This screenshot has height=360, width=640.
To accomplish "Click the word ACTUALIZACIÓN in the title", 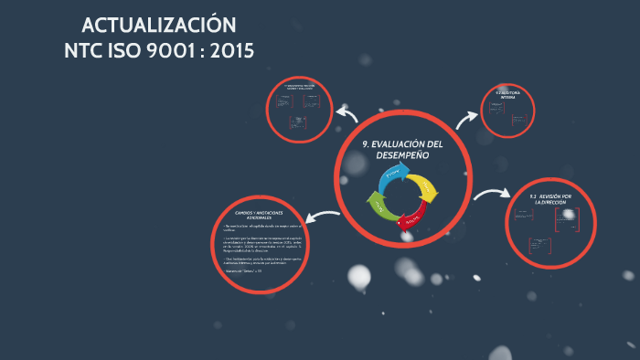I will pyautogui.click(x=158, y=25).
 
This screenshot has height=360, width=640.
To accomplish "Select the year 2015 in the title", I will pyautogui.click(x=232, y=50).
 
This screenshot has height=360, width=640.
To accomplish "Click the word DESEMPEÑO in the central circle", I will pyautogui.click(x=402, y=156).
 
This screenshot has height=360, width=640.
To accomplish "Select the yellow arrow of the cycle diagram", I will pyautogui.click(x=426, y=186).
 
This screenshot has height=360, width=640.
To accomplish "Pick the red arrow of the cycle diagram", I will pyautogui.click(x=412, y=218).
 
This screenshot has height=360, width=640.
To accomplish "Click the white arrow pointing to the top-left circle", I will pyautogui.click(x=346, y=113).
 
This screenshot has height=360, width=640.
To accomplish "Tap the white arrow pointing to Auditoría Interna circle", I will pyautogui.click(x=467, y=117).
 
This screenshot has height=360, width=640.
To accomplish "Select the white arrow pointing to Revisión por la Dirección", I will pyautogui.click(x=492, y=194).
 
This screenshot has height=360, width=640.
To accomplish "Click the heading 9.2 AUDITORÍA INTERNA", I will pyautogui.click(x=507, y=94).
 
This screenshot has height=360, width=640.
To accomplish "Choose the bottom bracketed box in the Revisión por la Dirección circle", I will pyautogui.click(x=539, y=246).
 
